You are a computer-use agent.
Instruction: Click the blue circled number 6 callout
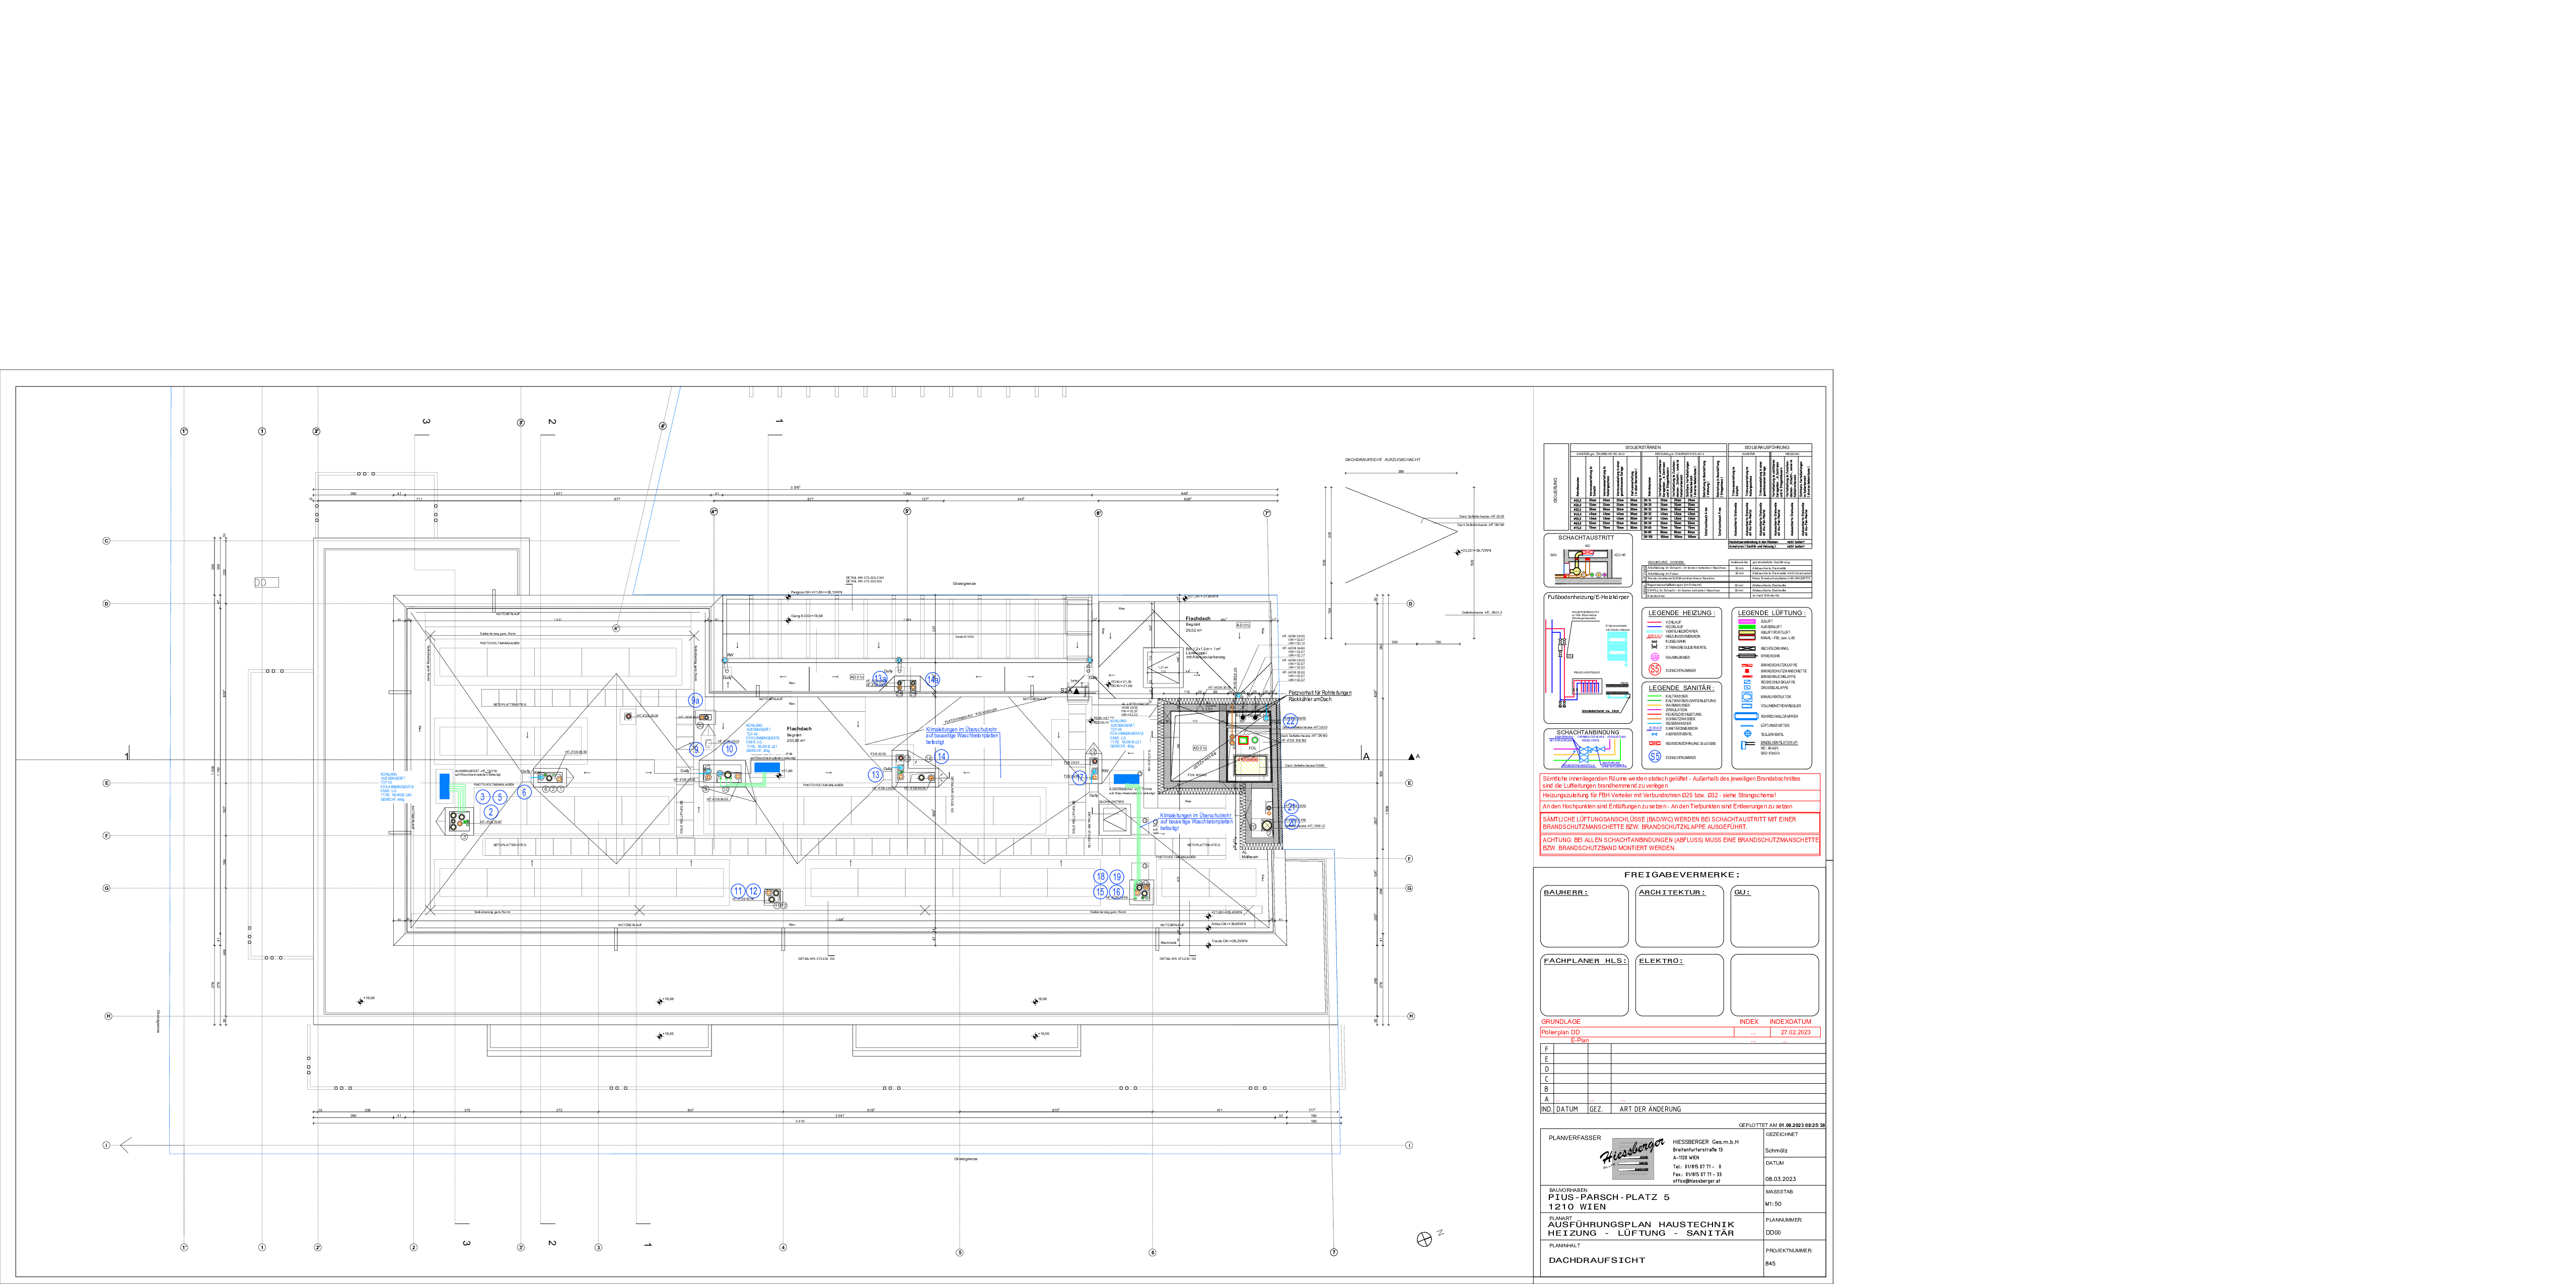pyautogui.click(x=524, y=793)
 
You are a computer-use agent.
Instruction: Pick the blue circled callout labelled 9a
pyautogui.click(x=695, y=701)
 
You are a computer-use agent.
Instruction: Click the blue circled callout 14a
pyautogui.click(x=932, y=679)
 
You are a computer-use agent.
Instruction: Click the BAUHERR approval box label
pyautogui.click(x=1565, y=892)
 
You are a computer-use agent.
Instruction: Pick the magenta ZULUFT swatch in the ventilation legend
pyautogui.click(x=1746, y=621)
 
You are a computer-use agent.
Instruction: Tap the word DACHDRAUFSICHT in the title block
pyautogui.click(x=1597, y=1260)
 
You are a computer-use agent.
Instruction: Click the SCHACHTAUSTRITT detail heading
pyautogui.click(x=1586, y=538)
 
